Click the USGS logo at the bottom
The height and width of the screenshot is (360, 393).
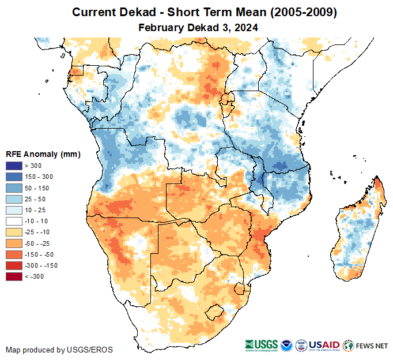coord(262,345)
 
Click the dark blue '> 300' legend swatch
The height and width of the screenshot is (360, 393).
coord(14,166)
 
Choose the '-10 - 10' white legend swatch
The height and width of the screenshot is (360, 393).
coord(14,221)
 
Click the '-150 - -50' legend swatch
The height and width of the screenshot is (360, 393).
coord(14,254)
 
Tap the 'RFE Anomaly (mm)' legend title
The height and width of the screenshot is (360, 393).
coord(43,154)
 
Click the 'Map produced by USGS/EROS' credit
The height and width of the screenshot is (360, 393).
coord(59,350)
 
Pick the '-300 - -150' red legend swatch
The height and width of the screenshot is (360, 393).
coord(14,265)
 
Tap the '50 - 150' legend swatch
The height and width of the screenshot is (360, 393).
coord(14,188)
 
